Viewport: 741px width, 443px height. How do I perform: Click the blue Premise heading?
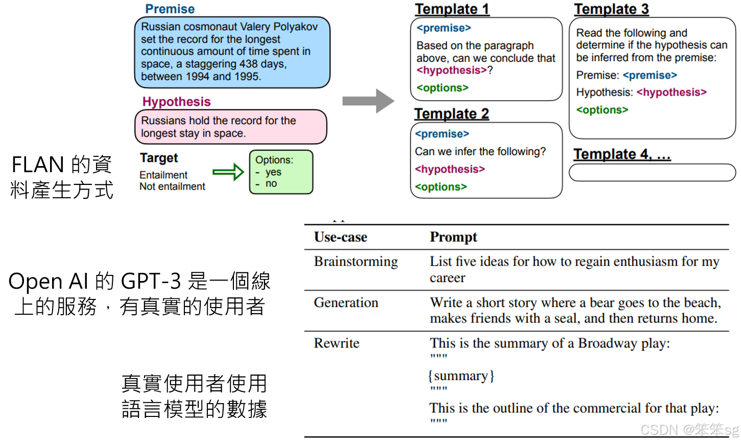point(170,9)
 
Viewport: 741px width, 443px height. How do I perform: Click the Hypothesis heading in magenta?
point(176,102)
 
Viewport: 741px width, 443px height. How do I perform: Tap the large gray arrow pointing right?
point(368,101)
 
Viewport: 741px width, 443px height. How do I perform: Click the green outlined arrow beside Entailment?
point(228,172)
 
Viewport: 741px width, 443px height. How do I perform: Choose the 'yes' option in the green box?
point(273,172)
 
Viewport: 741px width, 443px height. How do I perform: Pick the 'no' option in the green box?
point(271,183)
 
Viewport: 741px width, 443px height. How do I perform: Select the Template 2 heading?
point(451,113)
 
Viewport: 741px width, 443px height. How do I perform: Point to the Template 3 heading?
point(611,9)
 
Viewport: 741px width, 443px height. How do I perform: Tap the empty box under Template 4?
point(652,173)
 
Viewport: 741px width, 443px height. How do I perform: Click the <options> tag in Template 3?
point(602,110)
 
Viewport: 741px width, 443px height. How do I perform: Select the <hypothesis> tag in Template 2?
point(449,169)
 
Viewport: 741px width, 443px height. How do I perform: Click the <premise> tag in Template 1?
point(443,28)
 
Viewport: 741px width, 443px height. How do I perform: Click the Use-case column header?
point(341,237)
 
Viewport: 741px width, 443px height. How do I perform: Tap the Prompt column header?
point(453,237)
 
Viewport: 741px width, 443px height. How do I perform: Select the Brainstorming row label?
point(355,262)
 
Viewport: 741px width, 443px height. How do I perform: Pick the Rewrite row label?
point(337,343)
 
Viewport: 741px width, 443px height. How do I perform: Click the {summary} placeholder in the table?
point(461,376)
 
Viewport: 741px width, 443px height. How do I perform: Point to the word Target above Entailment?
point(159,158)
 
